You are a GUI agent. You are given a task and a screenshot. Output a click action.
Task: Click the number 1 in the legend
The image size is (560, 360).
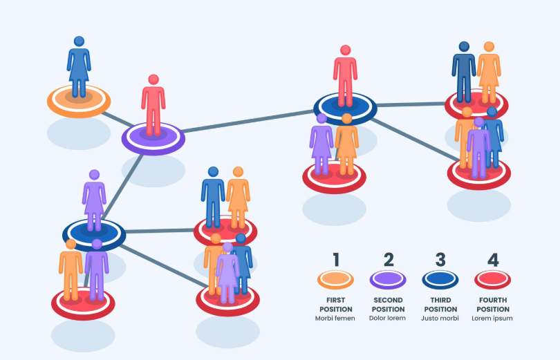pyautogui.click(x=336, y=259)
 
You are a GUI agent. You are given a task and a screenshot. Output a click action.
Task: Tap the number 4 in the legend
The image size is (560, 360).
pyautogui.click(x=493, y=260)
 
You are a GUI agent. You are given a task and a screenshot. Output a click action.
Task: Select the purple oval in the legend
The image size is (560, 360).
pyautogui.click(x=388, y=280)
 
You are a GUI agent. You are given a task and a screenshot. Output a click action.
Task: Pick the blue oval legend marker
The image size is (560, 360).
pyautogui.click(x=440, y=280)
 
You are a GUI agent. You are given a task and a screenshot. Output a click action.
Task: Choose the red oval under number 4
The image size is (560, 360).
pyautogui.click(x=492, y=280)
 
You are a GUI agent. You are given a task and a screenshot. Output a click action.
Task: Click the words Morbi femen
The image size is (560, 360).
pyautogui.click(x=335, y=319)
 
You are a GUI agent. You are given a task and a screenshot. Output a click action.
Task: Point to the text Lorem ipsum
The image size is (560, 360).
pyautogui.click(x=492, y=319)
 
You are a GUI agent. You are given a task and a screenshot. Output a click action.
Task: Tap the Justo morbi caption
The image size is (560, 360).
pyautogui.click(x=440, y=319)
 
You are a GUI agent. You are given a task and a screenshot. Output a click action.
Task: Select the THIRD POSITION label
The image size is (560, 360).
pyautogui.click(x=440, y=305)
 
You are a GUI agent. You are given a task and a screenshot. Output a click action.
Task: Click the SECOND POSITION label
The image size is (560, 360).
pyautogui.click(x=389, y=305)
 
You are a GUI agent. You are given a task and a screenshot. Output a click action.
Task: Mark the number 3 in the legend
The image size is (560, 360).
pyautogui.click(x=440, y=260)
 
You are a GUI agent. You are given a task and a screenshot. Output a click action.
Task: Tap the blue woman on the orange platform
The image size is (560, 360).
pyautogui.click(x=79, y=67)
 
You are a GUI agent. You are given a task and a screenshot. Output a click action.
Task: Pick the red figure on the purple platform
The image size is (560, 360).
pyautogui.click(x=153, y=105)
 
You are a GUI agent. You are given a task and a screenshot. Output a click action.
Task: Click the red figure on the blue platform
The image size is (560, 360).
pyautogui.click(x=346, y=75)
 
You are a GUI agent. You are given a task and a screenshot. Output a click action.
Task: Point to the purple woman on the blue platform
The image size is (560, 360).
pyautogui.click(x=94, y=200)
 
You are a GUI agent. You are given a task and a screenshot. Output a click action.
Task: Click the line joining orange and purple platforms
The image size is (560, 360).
pyautogui.click(x=117, y=120)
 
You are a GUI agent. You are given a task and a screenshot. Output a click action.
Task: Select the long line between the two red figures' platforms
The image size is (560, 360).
pyautogui.click(x=248, y=122)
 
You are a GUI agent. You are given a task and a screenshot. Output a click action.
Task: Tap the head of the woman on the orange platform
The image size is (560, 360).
pyautogui.click(x=79, y=41)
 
